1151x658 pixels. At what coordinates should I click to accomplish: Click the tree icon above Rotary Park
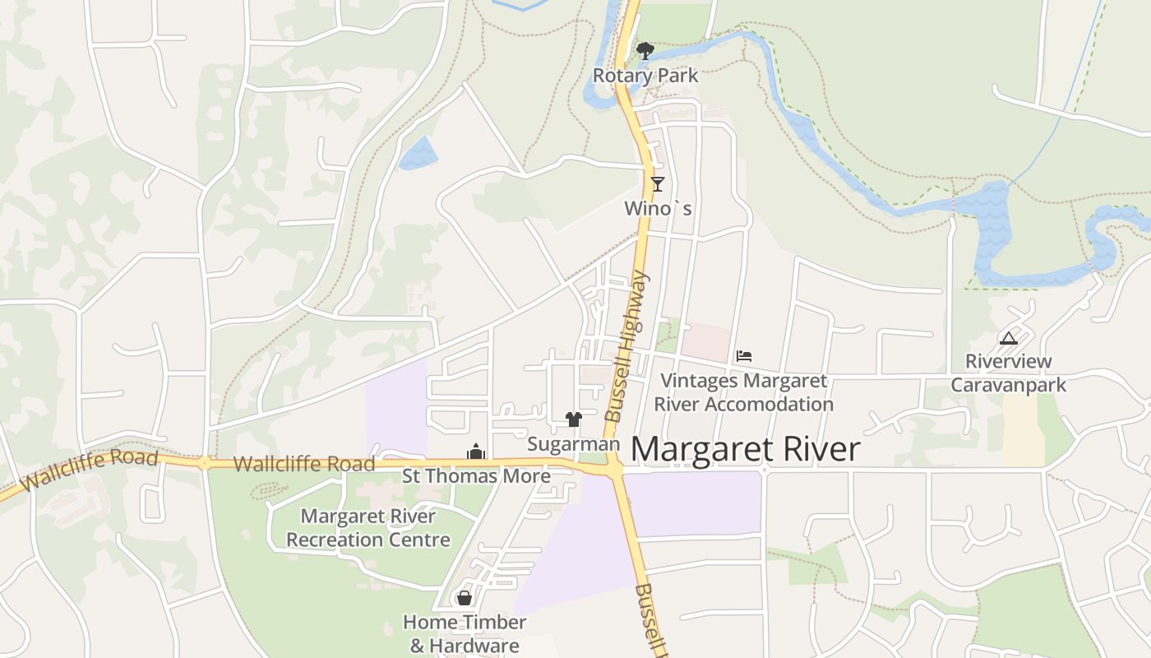(645, 51)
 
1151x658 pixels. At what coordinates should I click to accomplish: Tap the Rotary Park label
(645, 76)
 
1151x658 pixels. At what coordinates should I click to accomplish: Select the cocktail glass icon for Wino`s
(657, 184)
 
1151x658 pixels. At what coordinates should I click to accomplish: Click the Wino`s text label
(658, 209)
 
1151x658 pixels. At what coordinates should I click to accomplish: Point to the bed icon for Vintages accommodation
(744, 355)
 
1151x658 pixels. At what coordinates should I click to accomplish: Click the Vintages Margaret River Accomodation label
(743, 392)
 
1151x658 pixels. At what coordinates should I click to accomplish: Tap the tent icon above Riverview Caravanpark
(1008, 337)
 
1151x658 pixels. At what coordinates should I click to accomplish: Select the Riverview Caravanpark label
(1008, 373)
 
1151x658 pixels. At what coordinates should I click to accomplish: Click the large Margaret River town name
(745, 450)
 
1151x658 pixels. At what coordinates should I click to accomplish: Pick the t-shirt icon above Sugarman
(574, 419)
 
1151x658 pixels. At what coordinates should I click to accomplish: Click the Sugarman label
(573, 444)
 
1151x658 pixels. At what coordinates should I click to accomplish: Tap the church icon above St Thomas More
(476, 452)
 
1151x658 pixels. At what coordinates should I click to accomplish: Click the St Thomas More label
(476, 476)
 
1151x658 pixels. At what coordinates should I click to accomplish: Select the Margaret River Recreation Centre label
(368, 528)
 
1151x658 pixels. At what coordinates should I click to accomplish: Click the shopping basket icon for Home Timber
(465, 598)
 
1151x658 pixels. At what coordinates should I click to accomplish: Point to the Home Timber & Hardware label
(465, 633)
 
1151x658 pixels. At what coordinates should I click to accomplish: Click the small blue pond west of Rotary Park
(418, 154)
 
